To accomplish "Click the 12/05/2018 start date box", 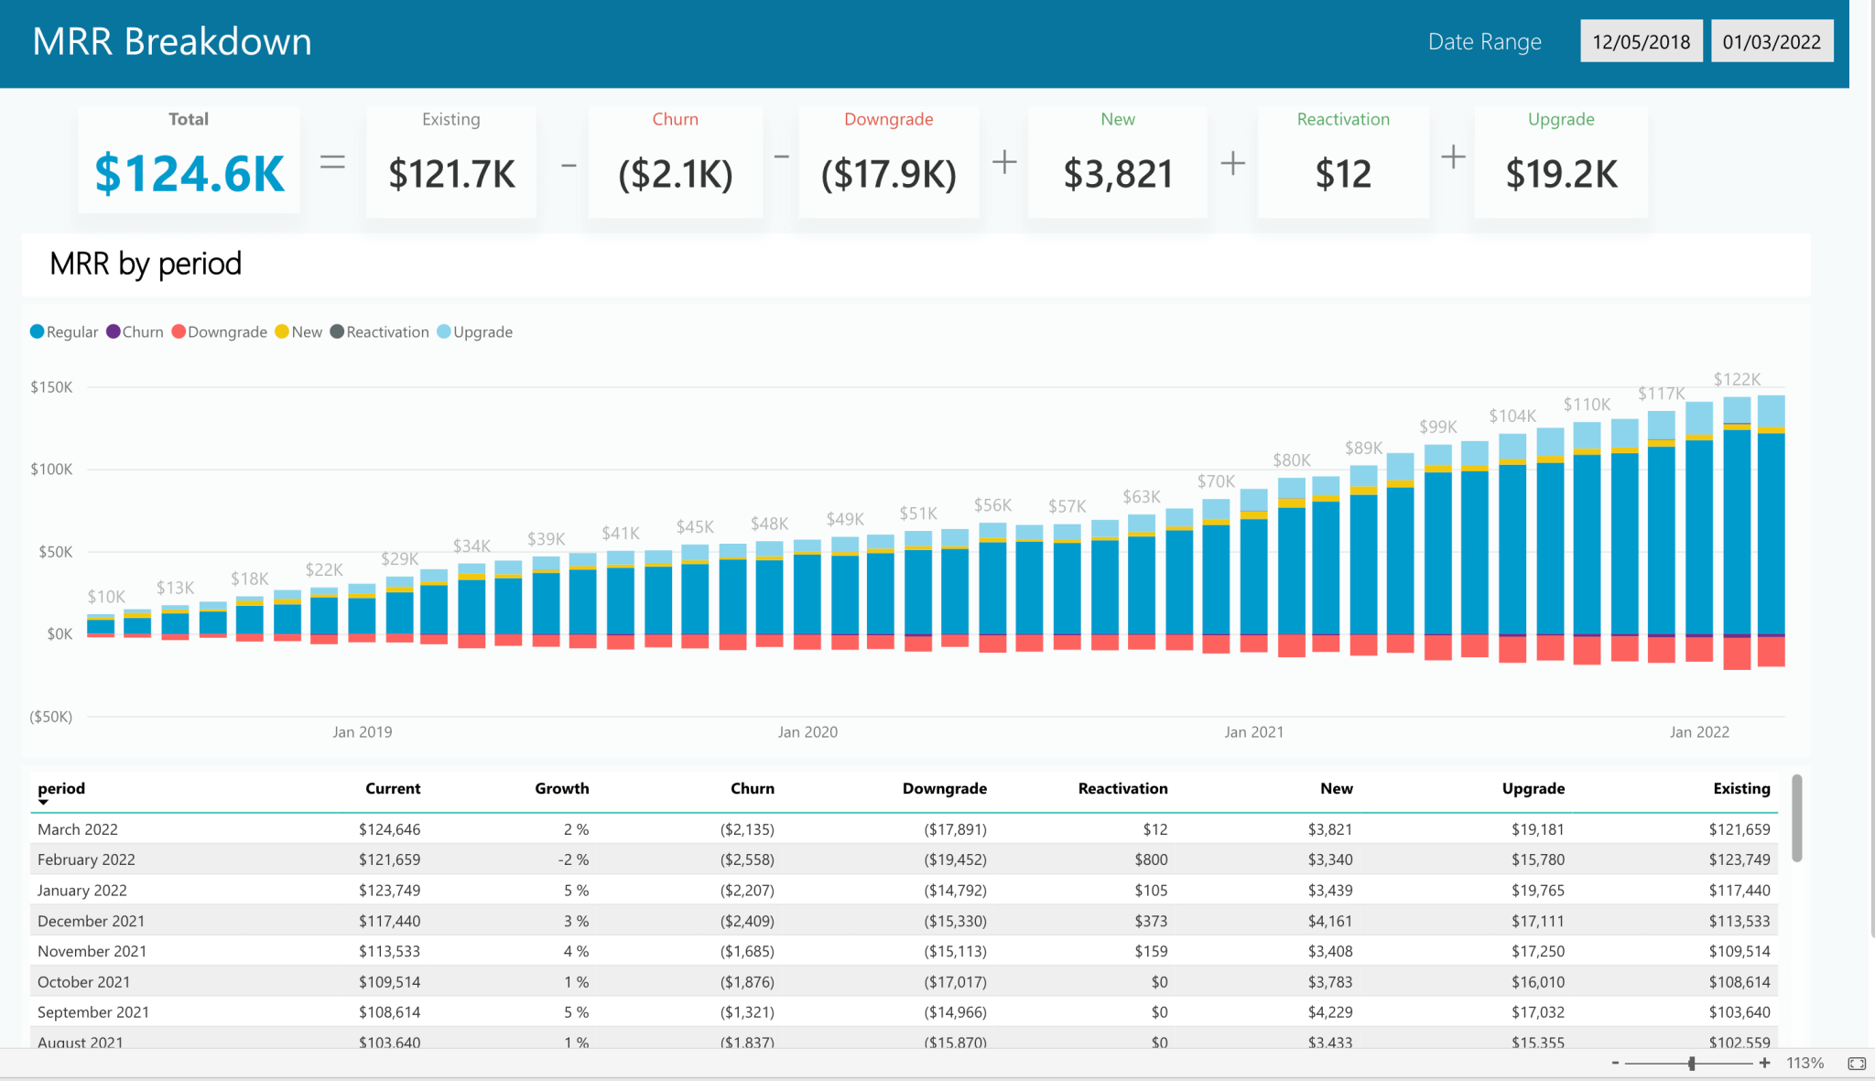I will click(x=1641, y=42).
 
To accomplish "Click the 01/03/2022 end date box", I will click(x=1772, y=42).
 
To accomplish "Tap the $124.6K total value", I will click(x=190, y=174).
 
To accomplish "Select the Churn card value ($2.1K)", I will click(x=676, y=174).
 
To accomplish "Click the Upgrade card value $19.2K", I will click(x=1561, y=174).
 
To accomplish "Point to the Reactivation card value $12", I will click(x=1343, y=174).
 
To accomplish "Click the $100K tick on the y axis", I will click(x=51, y=470).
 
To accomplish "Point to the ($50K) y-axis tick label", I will click(x=50, y=717).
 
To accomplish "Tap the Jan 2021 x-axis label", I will click(x=1253, y=732).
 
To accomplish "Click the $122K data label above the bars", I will click(x=1737, y=380).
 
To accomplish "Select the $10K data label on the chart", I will click(x=106, y=597).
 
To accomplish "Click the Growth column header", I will click(x=561, y=789).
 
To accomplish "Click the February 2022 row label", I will click(x=86, y=859).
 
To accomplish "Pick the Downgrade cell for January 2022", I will click(x=955, y=891).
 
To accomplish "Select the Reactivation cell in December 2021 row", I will click(x=1151, y=921).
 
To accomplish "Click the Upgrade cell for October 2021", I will click(x=1537, y=982).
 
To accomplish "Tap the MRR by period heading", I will click(x=146, y=264).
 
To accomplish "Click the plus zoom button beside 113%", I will click(x=1764, y=1063).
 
